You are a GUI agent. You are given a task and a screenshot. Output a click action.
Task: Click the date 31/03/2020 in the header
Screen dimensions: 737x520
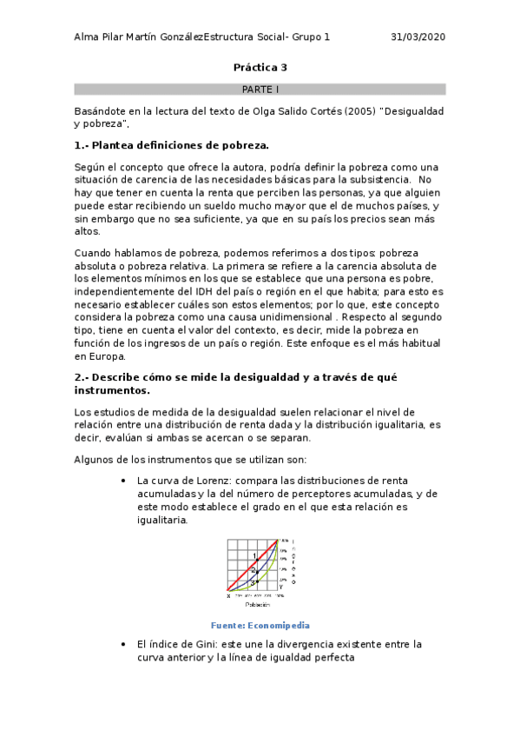(418, 37)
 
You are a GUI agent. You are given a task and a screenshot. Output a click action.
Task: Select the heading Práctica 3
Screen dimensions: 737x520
(260, 67)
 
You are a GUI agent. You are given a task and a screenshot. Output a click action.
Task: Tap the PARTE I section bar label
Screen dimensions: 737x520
(260, 89)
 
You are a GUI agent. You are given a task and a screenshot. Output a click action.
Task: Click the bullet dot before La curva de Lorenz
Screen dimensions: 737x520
(125, 481)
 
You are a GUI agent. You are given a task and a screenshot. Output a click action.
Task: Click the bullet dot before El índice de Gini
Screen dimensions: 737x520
(125, 644)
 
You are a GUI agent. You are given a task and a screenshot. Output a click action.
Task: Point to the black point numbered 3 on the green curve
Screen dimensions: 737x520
(258, 581)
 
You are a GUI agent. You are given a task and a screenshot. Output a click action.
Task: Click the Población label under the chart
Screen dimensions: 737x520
(256, 603)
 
